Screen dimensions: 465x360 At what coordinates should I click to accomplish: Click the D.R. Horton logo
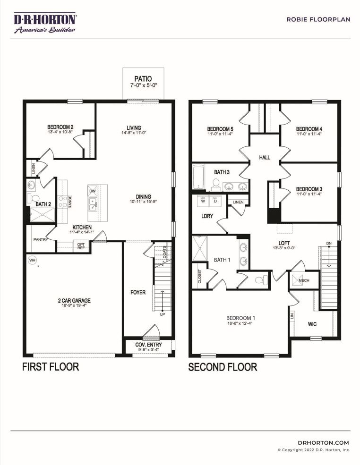pyautogui.click(x=45, y=23)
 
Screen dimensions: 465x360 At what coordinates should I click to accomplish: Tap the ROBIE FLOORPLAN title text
pyautogui.click(x=318, y=19)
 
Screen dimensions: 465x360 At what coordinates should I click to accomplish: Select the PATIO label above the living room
pyautogui.click(x=143, y=78)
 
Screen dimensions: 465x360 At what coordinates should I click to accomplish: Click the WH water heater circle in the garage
pyautogui.click(x=32, y=260)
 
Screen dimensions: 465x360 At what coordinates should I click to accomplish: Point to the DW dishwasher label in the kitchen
pyautogui.click(x=92, y=192)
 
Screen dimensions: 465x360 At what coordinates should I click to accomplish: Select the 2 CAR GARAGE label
pyautogui.click(x=74, y=300)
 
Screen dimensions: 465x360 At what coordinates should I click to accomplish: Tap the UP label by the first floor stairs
pyautogui.click(x=163, y=314)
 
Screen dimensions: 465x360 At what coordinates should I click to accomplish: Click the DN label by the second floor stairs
pyautogui.click(x=329, y=244)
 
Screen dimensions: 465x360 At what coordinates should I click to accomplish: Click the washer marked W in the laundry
pyautogui.click(x=203, y=201)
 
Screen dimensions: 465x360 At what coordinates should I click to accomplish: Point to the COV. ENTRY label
pyautogui.click(x=149, y=345)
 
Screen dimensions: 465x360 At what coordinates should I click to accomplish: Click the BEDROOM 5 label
pyautogui.click(x=220, y=129)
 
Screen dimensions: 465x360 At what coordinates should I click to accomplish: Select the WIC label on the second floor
pyautogui.click(x=312, y=324)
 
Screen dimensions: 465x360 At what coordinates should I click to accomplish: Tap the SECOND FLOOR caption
pyautogui.click(x=223, y=367)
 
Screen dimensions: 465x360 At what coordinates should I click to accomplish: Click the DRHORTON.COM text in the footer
pyautogui.click(x=324, y=442)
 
